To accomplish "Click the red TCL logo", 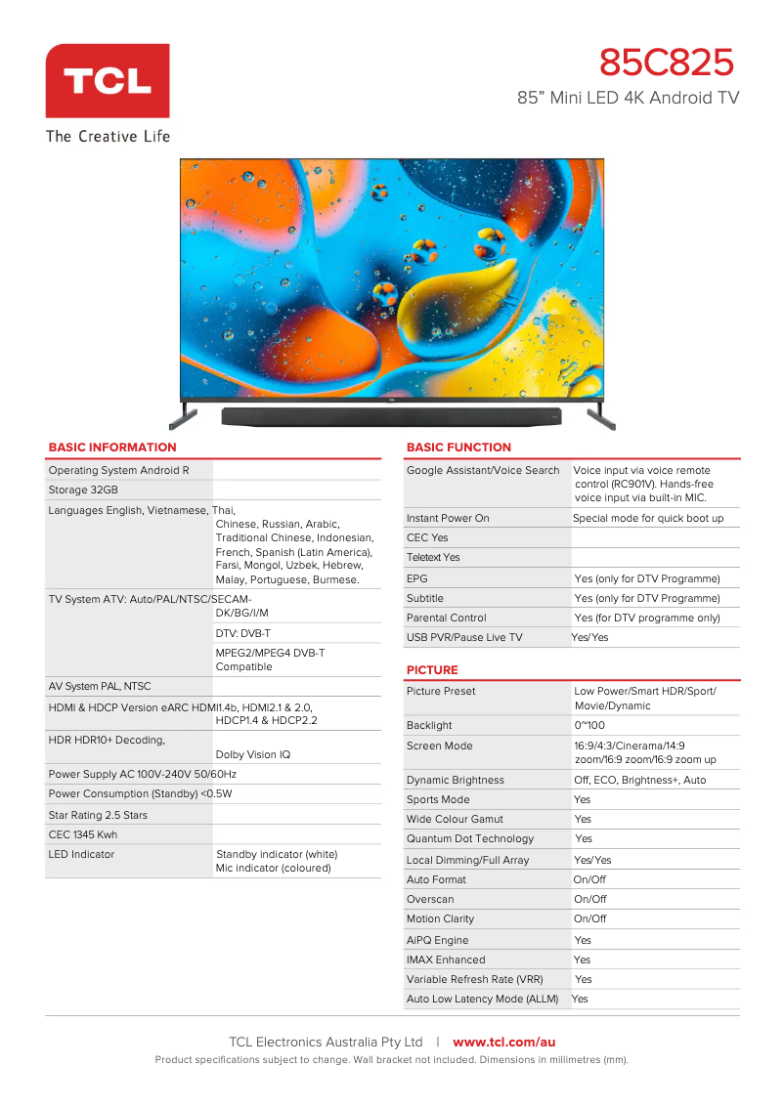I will coord(108,81).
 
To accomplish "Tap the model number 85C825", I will coord(666,64).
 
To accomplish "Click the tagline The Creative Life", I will coord(108,136).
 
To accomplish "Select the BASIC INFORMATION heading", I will coord(112,447).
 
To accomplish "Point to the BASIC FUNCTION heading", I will coord(458,447).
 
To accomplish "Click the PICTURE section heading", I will coord(432,670).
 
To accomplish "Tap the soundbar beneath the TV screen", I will coord(391,416).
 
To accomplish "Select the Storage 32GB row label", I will coord(83,490).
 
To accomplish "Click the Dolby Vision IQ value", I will coord(253,754).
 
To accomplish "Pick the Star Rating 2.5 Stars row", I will coord(98,815).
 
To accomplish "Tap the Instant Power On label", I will coord(448,518).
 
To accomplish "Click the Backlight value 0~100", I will coord(589,725).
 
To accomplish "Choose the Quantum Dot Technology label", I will coord(470,838).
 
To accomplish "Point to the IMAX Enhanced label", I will coord(446,959).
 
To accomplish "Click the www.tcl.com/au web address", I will coord(503,1043).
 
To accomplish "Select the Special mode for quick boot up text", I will coord(648,518).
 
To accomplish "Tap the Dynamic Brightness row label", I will coord(456,780).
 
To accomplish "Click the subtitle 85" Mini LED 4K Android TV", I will coord(628,98).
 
